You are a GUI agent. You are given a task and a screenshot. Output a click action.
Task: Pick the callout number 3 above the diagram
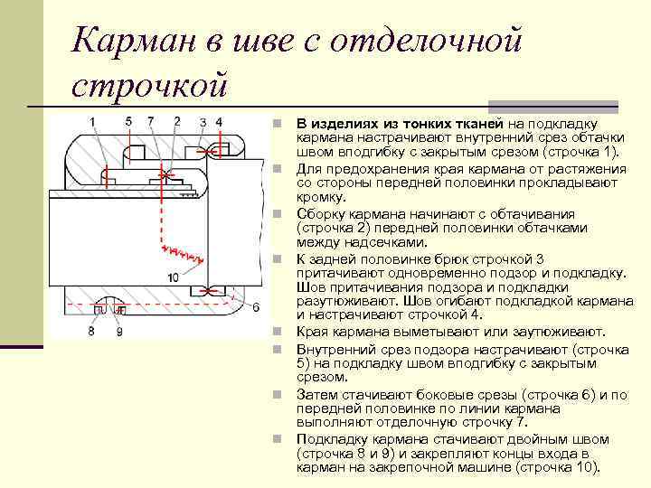pos(204,122)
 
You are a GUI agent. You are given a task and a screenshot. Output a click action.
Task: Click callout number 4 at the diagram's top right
pos(219,122)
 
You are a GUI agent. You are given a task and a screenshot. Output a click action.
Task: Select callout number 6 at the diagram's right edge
pos(256,306)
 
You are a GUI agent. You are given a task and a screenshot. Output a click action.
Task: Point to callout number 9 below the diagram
pos(118,332)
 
